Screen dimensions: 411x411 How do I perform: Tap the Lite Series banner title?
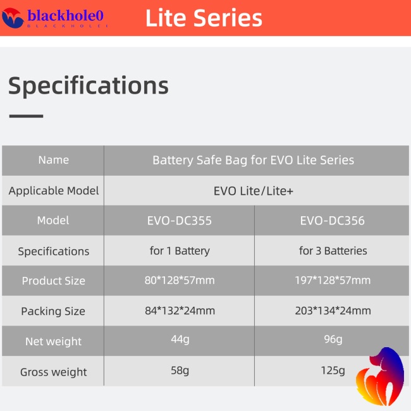point(204,18)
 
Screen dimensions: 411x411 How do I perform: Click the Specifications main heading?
point(88,85)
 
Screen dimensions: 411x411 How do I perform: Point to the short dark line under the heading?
point(26,116)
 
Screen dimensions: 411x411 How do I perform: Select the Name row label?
point(54,160)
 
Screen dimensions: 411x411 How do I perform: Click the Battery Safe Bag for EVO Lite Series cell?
point(253,160)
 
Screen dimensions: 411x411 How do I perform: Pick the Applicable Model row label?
point(54,190)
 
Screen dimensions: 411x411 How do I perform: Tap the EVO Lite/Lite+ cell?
point(253,190)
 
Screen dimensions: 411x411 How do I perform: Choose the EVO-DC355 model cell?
point(180,221)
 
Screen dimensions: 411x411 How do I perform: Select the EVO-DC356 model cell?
point(333,221)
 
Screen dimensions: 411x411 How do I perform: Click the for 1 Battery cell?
point(180,251)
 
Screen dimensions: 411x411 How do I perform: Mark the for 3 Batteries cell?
point(333,251)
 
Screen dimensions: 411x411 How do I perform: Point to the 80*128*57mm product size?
point(180,280)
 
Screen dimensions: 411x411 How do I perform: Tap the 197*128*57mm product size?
point(333,280)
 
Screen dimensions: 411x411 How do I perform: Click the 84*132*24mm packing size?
point(180,310)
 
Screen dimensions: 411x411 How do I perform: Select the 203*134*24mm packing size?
point(333,310)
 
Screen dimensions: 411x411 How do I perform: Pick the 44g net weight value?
point(180,340)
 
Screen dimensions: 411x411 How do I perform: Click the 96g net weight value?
point(333,340)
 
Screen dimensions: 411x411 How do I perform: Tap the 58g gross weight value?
point(180,371)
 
